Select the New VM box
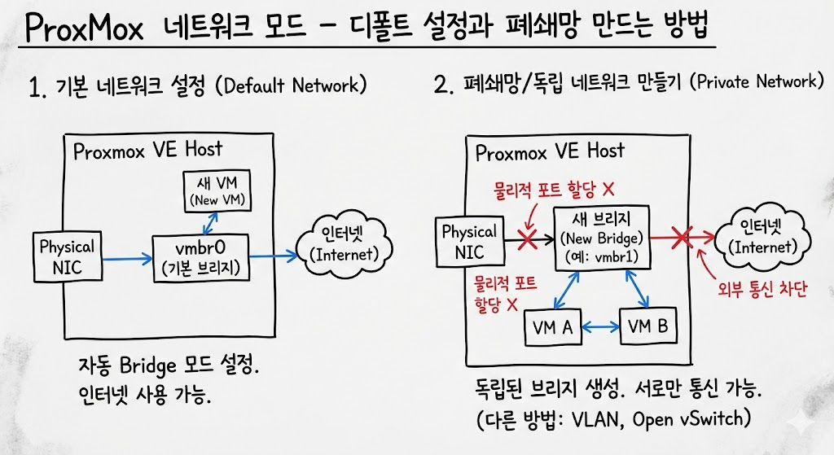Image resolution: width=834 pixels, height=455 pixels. coord(215,190)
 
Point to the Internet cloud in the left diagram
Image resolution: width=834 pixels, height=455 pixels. coord(345,244)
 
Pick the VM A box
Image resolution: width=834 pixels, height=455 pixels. coord(551,328)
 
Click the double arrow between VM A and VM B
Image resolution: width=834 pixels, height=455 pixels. coord(599,327)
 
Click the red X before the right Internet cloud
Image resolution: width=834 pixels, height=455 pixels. coord(681,237)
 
